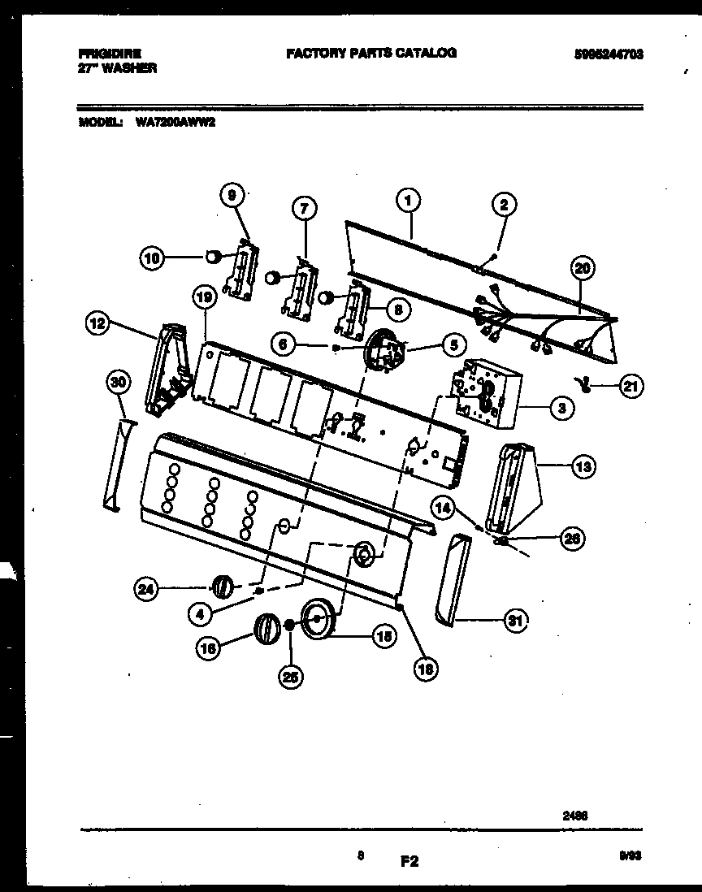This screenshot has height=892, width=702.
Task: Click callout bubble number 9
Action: (x=232, y=195)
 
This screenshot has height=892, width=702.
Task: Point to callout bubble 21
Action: (x=630, y=387)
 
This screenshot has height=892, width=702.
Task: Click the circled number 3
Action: (x=561, y=409)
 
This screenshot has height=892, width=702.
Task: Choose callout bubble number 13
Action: (x=583, y=466)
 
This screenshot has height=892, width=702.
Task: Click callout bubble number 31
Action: (x=513, y=621)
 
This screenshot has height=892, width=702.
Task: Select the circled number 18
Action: (x=426, y=667)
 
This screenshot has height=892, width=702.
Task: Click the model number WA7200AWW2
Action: (x=170, y=124)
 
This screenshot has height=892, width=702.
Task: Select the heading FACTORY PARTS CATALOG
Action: (x=371, y=53)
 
